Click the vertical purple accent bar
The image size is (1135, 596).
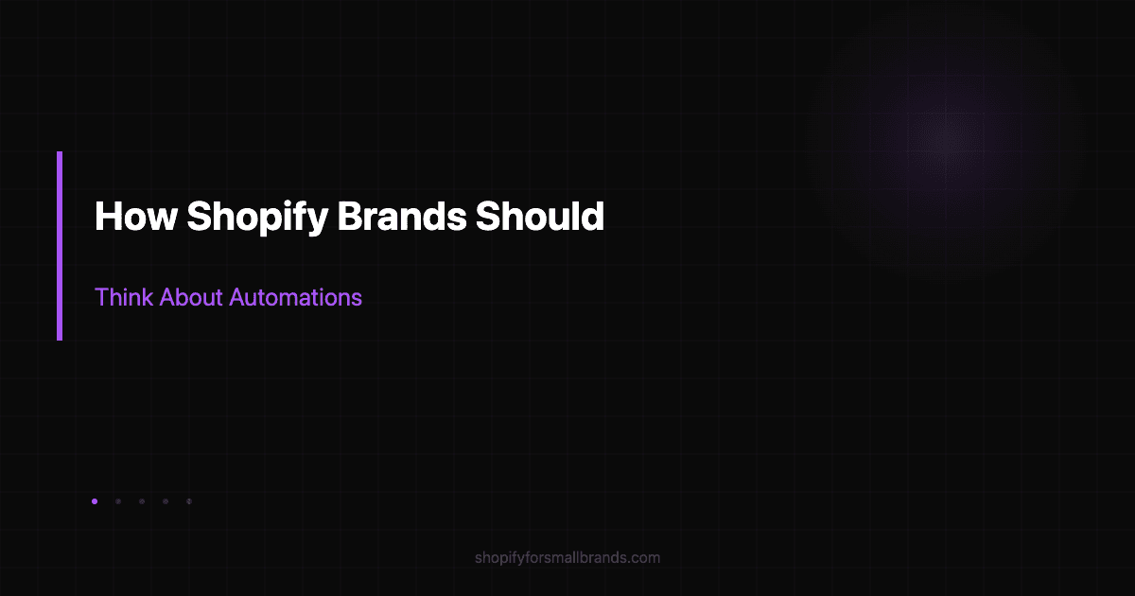tap(60, 246)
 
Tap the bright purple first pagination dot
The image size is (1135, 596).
tap(95, 501)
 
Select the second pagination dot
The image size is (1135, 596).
tap(118, 501)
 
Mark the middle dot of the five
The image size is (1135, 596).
tap(142, 501)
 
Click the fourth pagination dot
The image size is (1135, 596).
tap(166, 501)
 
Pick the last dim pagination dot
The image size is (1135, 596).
tap(189, 501)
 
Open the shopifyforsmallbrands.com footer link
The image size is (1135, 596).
tap(567, 558)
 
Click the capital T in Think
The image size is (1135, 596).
tap(101, 297)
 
